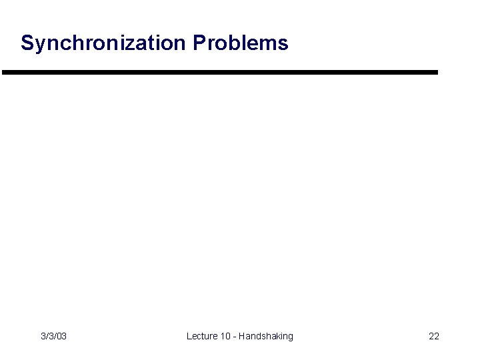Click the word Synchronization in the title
tap(104, 43)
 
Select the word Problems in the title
tap(241, 43)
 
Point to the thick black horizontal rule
tap(220, 72)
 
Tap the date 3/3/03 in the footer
tap(53, 336)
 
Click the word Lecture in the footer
tap(202, 336)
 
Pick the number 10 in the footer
tap(226, 336)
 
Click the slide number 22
tap(434, 336)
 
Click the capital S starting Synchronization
tap(27, 43)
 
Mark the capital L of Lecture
tap(189, 336)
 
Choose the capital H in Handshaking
tap(243, 336)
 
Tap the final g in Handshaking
tap(290, 337)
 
